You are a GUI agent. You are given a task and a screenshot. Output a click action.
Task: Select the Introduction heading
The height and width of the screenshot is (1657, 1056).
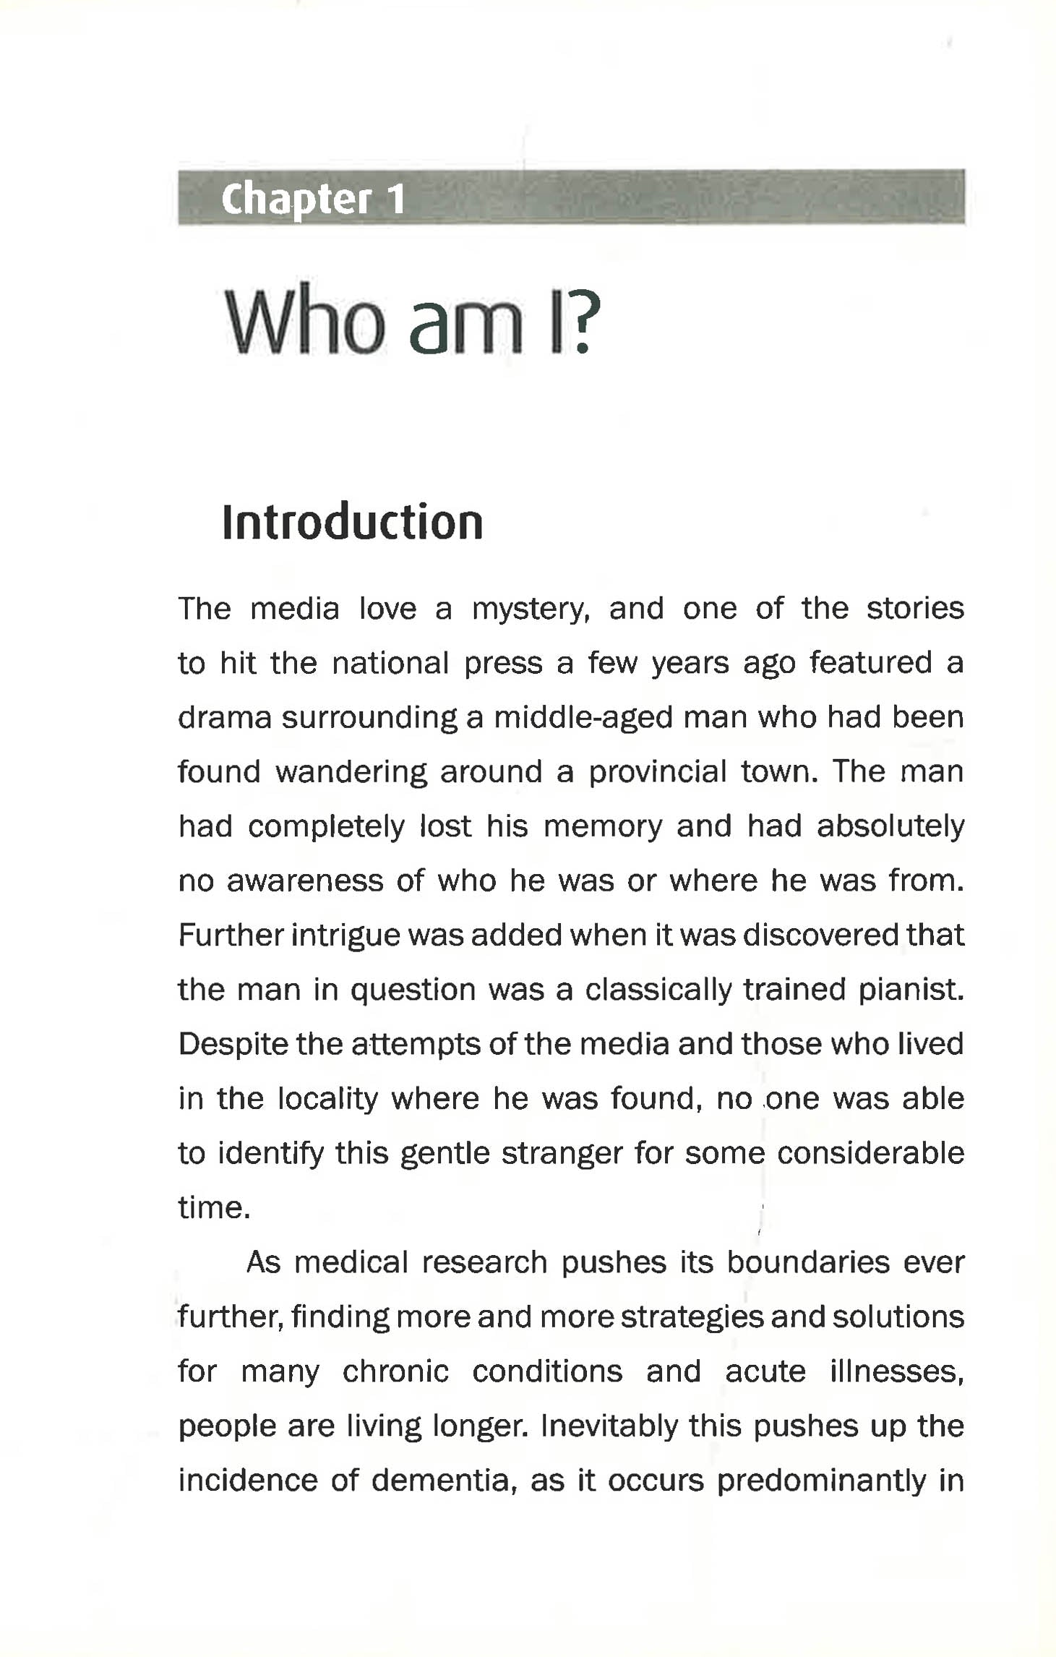(x=352, y=522)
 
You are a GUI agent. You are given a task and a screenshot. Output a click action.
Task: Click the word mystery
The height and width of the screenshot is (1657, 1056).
(x=531, y=609)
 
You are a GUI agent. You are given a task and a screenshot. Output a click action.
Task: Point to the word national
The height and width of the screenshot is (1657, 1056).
(x=390, y=664)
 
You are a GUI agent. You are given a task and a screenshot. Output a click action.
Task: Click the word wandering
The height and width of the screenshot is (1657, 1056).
(x=351, y=773)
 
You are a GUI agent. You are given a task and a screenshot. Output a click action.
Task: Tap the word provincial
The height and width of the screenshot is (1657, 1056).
(x=657, y=773)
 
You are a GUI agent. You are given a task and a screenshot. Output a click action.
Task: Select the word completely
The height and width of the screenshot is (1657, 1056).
(x=327, y=827)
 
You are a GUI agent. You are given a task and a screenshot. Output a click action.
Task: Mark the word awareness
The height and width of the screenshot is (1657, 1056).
(x=305, y=881)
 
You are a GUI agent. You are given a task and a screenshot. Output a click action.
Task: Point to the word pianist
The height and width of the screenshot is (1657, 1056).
(x=911, y=990)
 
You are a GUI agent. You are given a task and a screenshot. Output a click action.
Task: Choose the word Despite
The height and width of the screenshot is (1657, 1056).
(x=233, y=1045)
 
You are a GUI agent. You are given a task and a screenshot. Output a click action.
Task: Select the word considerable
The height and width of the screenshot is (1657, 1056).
(x=870, y=1154)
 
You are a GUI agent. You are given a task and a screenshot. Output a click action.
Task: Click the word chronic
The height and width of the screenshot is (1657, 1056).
(x=395, y=1372)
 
